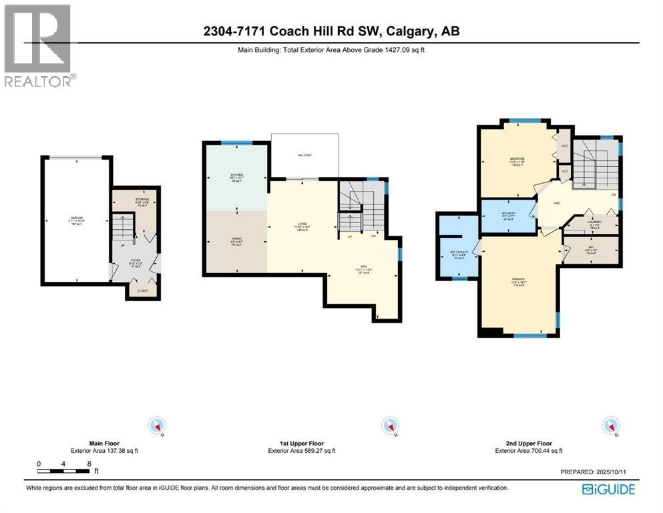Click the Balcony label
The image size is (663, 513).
point(304,156)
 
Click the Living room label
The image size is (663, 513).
point(302,225)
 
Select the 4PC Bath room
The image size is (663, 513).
point(508,215)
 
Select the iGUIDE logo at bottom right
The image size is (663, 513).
point(608,489)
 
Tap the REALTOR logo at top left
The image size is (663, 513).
point(39,45)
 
